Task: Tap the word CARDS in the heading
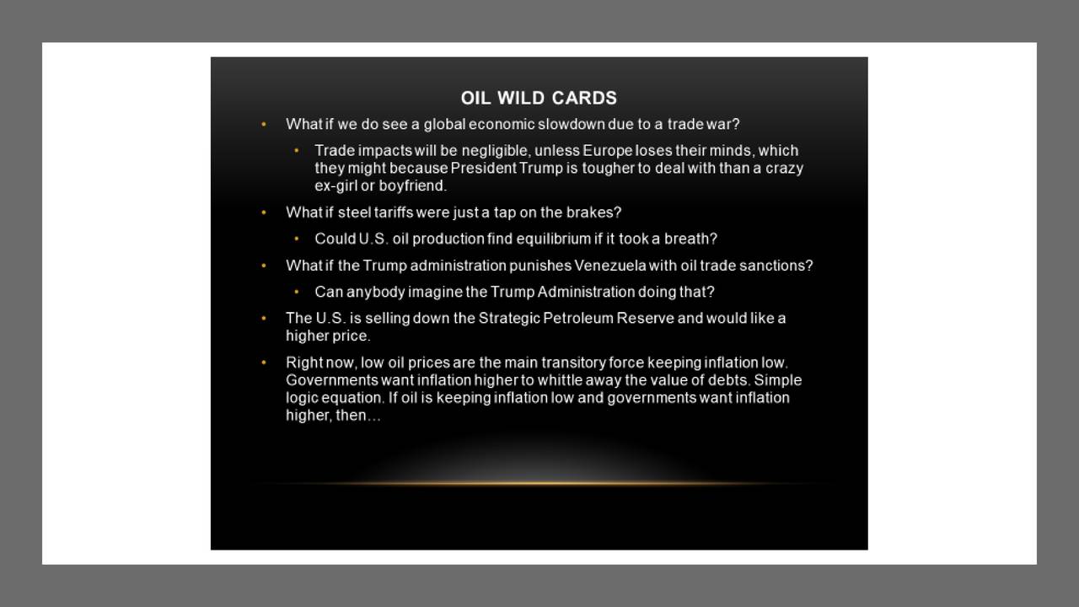pos(584,99)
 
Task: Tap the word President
pos(483,169)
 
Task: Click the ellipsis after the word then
pos(373,417)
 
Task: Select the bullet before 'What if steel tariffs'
pos(264,212)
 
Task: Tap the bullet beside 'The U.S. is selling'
pos(264,319)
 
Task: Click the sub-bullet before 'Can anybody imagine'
pos(296,292)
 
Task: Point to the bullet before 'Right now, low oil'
pos(264,363)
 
